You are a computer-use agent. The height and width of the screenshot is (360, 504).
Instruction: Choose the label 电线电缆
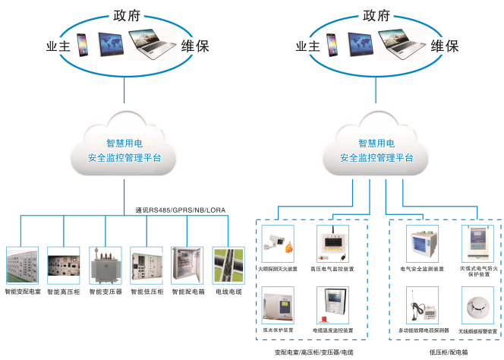click(228, 292)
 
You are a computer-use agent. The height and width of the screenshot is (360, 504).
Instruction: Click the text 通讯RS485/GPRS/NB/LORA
click(180, 210)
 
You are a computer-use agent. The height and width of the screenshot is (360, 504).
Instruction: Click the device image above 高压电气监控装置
click(333, 243)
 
